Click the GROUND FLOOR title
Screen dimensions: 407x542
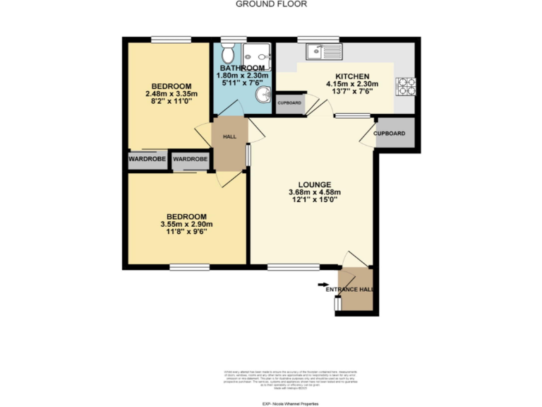271,4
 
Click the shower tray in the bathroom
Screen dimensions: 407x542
258,51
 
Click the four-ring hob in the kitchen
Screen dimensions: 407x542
406,85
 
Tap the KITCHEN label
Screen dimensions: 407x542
352,76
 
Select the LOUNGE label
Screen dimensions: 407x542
314,184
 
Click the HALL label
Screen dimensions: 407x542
229,137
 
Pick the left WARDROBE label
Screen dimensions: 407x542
147,160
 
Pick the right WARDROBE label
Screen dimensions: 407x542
191,160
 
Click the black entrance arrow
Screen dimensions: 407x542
323,284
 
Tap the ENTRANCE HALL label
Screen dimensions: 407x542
349,290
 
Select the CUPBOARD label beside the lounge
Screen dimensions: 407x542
389,134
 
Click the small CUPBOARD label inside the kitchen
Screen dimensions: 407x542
289,103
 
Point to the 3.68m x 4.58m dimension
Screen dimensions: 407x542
314,192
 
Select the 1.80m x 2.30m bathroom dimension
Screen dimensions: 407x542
241,76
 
